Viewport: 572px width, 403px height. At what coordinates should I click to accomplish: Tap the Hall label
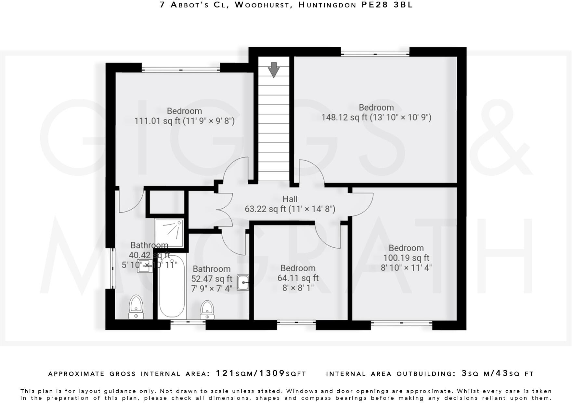tap(290, 199)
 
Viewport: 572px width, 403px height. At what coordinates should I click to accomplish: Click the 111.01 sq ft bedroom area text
tap(184, 121)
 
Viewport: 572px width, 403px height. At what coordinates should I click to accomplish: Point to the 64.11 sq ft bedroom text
tap(298, 278)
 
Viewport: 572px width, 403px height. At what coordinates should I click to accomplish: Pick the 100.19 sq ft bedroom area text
tap(406, 258)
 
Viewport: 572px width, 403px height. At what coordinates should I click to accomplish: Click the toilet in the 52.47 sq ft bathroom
tap(207, 310)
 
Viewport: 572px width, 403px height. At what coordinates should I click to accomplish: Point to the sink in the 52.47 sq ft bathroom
tap(243, 282)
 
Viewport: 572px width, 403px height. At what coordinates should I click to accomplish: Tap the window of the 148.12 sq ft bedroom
tap(375, 52)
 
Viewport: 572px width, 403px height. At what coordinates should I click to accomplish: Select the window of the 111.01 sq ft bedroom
tap(181, 69)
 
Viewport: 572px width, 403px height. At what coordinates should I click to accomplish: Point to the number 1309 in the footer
tap(272, 373)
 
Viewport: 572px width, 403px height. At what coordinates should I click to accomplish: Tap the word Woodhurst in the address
tap(262, 5)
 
